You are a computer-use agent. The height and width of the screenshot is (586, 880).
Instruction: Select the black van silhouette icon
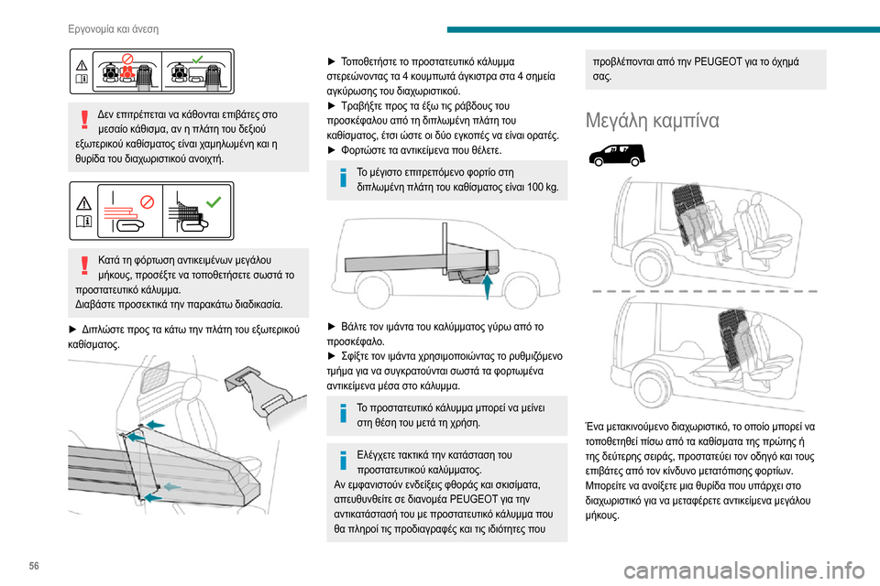608,156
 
